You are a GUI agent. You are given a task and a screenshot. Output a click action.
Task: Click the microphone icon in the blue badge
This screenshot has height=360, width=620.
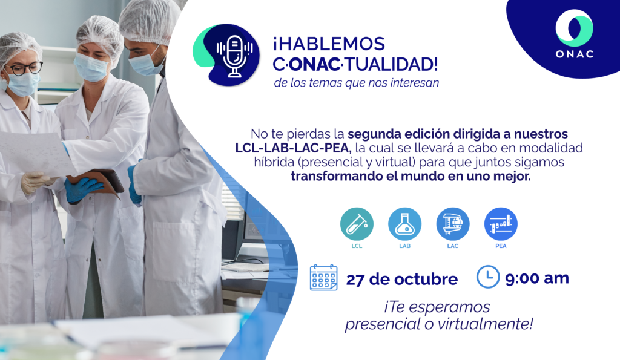234,56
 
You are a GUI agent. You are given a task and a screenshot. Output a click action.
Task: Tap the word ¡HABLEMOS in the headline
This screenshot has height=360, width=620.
329,44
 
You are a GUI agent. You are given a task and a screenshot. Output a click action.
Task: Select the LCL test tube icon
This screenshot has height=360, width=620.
357,224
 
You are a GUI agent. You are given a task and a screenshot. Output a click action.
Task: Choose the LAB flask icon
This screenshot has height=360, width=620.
404,224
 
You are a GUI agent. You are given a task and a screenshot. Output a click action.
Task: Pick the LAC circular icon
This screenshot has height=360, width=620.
453,224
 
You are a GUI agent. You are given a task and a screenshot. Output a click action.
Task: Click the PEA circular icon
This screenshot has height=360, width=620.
501,224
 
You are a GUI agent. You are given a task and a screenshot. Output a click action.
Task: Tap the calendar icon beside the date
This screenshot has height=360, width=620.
323,278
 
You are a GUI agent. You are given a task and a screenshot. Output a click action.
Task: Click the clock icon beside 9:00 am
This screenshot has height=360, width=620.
488,277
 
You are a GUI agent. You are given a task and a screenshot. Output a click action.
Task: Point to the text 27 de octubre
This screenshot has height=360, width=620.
402,280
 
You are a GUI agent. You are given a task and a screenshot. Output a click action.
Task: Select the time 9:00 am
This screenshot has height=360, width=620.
537,278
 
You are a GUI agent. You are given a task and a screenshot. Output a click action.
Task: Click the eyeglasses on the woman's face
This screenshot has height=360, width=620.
24,68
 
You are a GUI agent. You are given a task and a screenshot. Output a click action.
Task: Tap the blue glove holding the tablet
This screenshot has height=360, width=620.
82,189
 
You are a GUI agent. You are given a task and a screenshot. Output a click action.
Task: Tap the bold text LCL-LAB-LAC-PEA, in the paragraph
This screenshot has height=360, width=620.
293,148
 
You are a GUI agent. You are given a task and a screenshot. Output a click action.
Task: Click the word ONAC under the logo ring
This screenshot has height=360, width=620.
575,54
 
